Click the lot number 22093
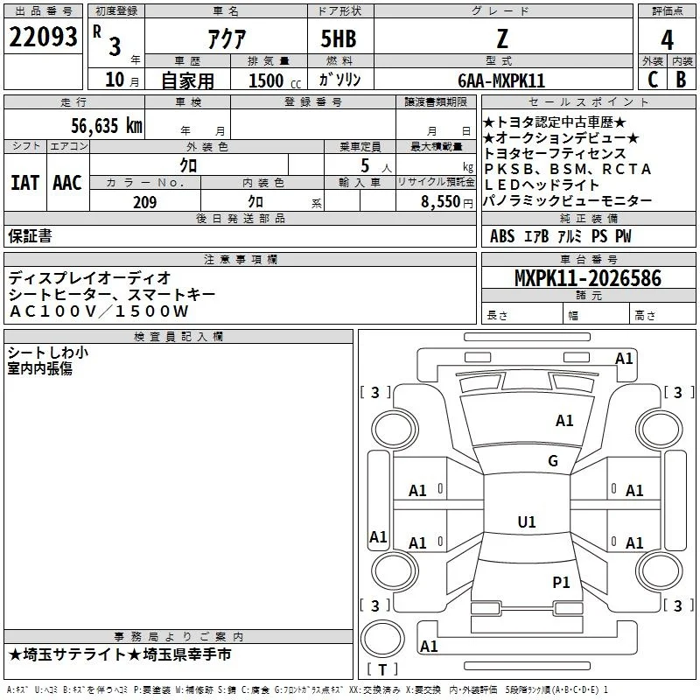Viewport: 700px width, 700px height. [43, 37]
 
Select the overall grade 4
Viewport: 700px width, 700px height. [667, 40]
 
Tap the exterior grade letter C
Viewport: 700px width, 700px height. [653, 80]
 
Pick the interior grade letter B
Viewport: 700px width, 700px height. [681, 80]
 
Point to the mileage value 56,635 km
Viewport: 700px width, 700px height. [107, 125]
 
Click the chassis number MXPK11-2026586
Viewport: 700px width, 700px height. [588, 278]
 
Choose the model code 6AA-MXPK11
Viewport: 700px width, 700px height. [501, 80]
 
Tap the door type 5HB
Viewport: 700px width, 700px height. [339, 38]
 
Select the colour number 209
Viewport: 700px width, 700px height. [144, 202]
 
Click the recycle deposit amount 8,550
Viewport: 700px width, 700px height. [441, 202]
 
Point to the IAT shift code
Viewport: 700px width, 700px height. [24, 183]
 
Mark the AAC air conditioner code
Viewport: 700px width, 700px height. [67, 183]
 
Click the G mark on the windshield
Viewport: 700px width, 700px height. [553, 460]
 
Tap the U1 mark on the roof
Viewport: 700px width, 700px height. [527, 521]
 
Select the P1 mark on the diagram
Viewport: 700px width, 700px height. [561, 582]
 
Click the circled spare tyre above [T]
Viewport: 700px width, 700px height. [382, 639]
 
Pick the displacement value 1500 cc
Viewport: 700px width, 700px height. [275, 80]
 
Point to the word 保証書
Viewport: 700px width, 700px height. [30, 236]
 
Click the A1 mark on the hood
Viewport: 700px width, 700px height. [564, 420]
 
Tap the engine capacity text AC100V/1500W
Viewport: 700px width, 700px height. [99, 311]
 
